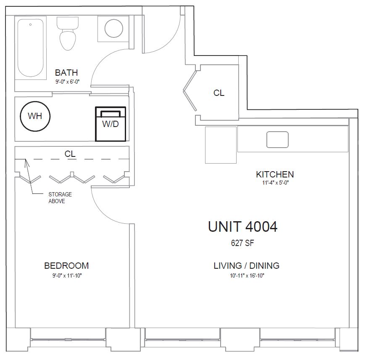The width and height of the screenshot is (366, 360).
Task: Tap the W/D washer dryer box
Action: click(111, 124)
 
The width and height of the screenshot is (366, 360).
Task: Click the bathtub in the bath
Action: click(31, 48)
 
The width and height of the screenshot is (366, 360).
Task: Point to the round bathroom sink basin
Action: click(114, 28)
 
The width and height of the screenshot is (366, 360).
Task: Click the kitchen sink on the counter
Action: click(277, 140)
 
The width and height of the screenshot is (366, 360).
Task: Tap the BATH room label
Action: click(66, 73)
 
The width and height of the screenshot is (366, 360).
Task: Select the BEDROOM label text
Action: click(66, 266)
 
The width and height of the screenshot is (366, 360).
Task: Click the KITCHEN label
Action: click(275, 175)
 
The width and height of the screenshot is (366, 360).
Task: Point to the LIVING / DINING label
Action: click(247, 266)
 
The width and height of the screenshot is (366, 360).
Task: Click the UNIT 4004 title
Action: click(242, 227)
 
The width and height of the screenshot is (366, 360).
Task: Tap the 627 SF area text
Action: click(242, 243)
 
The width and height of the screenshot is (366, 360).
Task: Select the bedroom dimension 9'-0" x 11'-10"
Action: click(67, 275)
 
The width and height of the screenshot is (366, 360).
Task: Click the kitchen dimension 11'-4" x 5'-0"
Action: click(275, 183)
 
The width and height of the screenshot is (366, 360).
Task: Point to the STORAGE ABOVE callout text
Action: click(60, 198)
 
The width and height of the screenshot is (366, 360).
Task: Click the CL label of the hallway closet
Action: click(219, 93)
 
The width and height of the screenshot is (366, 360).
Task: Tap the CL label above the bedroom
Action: click(70, 154)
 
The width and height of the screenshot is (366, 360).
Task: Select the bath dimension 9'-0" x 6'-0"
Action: click(68, 82)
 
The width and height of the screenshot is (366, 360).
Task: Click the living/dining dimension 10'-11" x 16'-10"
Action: click(247, 275)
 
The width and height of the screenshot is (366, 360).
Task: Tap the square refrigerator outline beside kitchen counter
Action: click(221, 145)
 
